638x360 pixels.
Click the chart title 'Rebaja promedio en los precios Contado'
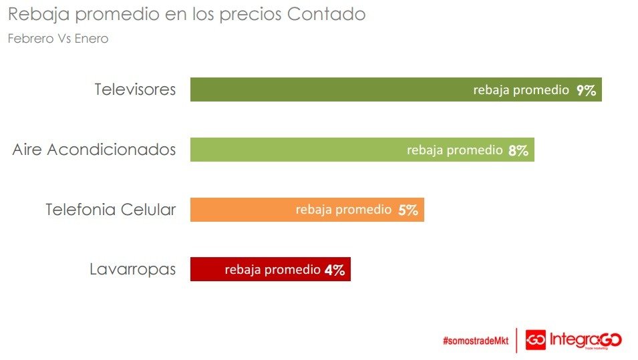[187, 15]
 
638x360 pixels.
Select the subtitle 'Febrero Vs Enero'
[57, 39]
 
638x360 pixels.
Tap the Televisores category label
[135, 89]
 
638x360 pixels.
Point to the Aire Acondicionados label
[94, 150]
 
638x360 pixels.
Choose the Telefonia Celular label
[111, 210]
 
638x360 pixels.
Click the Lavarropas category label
[133, 270]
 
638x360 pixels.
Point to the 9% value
[586, 90]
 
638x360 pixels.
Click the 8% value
[518, 150]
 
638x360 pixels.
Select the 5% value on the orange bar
[408, 210]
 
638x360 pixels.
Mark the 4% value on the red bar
[334, 271]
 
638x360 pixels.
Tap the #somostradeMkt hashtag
[475, 341]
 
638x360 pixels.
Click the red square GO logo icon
[536, 340]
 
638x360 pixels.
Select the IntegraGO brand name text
[585, 340]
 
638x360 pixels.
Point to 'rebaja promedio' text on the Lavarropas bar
[273, 270]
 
